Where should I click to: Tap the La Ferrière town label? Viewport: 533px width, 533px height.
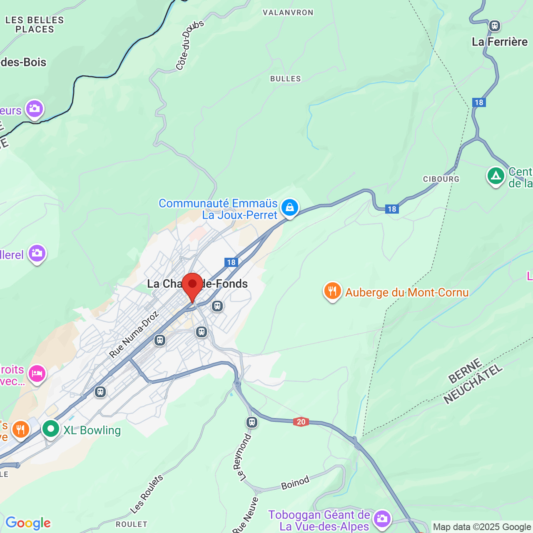499,42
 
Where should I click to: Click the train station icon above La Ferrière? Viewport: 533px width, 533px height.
494,25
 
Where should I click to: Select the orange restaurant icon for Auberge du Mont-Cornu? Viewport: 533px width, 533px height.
332,291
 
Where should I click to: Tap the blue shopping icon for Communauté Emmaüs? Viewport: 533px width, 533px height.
289,207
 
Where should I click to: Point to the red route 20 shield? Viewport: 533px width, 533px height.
301,422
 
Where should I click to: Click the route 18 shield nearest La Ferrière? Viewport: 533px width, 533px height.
479,102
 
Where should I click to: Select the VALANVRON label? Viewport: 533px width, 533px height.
288,12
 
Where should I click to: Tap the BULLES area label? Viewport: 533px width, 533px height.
285,79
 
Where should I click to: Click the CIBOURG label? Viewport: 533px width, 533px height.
441,179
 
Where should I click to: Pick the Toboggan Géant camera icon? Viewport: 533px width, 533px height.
381,518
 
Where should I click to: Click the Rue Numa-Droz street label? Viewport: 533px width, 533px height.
134,334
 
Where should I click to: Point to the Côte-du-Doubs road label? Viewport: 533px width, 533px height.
189,45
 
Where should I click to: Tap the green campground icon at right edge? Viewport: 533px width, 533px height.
496,176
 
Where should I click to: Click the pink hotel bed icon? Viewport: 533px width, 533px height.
37,374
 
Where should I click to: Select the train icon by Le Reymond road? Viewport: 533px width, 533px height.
252,422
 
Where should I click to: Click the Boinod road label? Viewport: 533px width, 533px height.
295,483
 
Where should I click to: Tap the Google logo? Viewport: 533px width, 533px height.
28,523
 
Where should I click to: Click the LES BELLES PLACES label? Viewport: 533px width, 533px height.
35,25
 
